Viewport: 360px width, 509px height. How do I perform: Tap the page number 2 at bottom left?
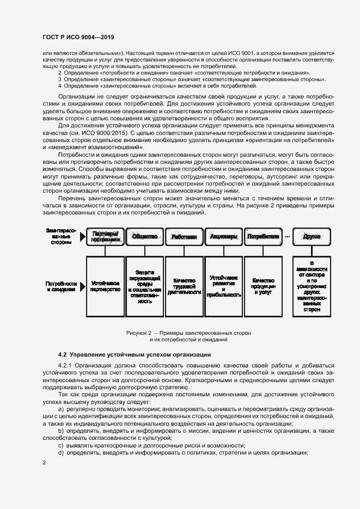point(44,462)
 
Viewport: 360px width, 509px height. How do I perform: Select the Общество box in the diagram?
point(145,237)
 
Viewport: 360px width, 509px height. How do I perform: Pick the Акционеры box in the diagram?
point(223,237)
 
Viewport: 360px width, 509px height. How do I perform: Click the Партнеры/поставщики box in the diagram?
point(106,237)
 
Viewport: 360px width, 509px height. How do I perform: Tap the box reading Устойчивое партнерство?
point(106,286)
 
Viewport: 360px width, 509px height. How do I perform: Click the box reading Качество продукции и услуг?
point(264,286)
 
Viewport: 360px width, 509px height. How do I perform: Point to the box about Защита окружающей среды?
point(145,286)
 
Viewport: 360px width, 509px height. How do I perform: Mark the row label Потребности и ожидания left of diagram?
point(62,287)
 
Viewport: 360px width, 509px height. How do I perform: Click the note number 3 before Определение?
point(60,79)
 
